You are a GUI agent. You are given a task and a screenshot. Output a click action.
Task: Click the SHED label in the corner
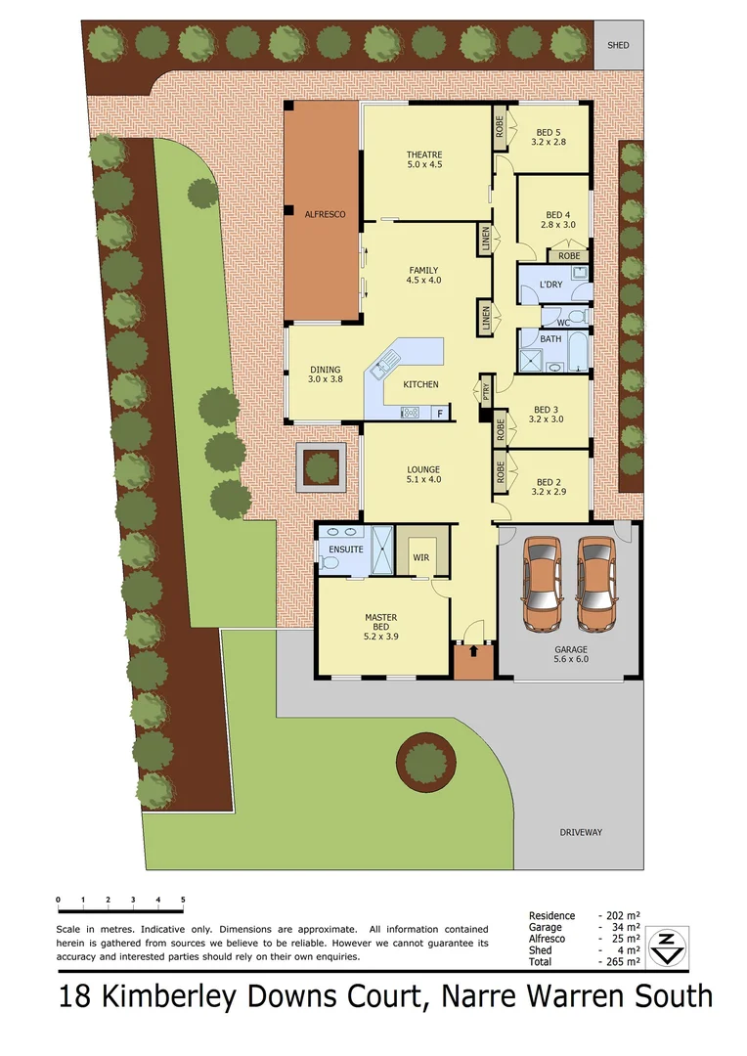coord(618,45)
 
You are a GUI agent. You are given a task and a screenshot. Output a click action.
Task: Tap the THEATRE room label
coord(424,154)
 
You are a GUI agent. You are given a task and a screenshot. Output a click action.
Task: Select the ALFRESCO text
coord(323,213)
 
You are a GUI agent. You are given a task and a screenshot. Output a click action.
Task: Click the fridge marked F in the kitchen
coord(440,413)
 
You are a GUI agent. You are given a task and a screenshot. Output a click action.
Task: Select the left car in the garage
coord(544,582)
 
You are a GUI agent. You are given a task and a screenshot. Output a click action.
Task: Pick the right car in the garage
coord(596,582)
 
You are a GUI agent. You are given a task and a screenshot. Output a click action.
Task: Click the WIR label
coord(420,556)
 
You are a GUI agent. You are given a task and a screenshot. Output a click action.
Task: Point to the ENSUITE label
coord(346,550)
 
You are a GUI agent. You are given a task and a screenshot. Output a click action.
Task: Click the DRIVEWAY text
coord(581,832)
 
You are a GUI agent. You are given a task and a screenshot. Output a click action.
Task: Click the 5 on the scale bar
coord(183,899)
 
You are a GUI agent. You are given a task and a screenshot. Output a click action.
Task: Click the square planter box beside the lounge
coord(322,467)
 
